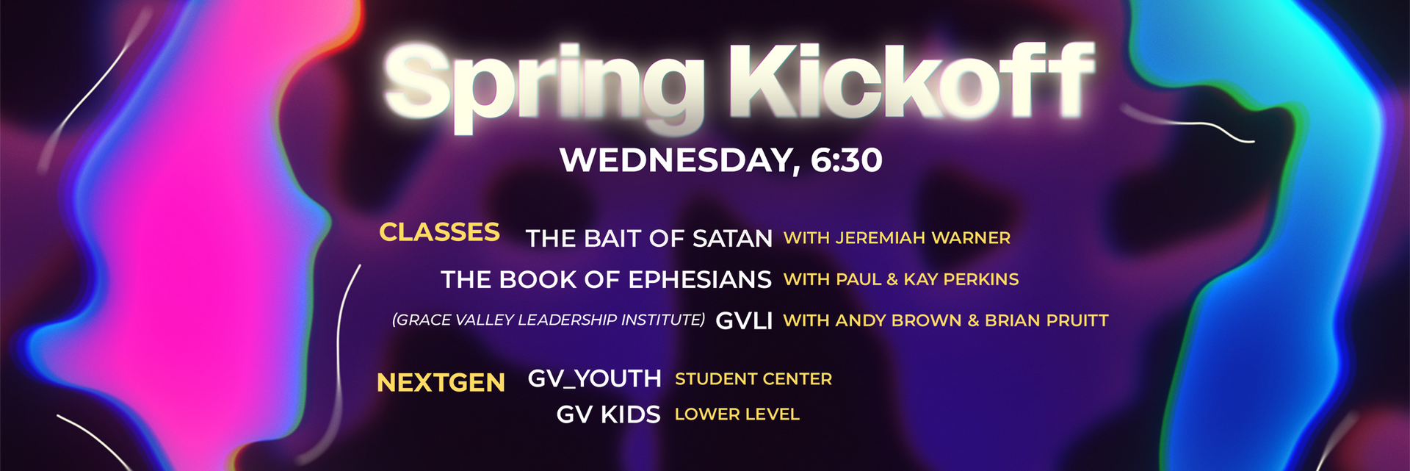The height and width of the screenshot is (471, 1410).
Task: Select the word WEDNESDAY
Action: pyautogui.click(x=679, y=161)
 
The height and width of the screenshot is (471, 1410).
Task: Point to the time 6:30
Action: pyautogui.click(x=846, y=160)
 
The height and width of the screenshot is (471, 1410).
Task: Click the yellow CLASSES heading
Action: pyautogui.click(x=439, y=232)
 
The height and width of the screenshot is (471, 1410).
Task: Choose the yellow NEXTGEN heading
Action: pyautogui.click(x=441, y=383)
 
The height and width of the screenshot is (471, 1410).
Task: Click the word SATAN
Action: pyautogui.click(x=732, y=239)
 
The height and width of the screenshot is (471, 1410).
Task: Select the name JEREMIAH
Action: pyautogui.click(x=880, y=238)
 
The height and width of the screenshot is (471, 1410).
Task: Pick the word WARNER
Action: pyautogui.click(x=971, y=238)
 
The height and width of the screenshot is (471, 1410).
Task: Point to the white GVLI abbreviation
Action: pyautogui.click(x=744, y=321)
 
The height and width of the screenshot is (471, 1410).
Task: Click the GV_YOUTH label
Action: pyautogui.click(x=595, y=379)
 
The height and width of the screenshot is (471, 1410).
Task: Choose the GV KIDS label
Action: pyautogui.click(x=608, y=415)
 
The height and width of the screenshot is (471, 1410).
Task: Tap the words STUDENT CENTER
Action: pyautogui.click(x=753, y=379)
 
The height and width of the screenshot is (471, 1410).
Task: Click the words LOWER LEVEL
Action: pyautogui.click(x=737, y=414)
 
